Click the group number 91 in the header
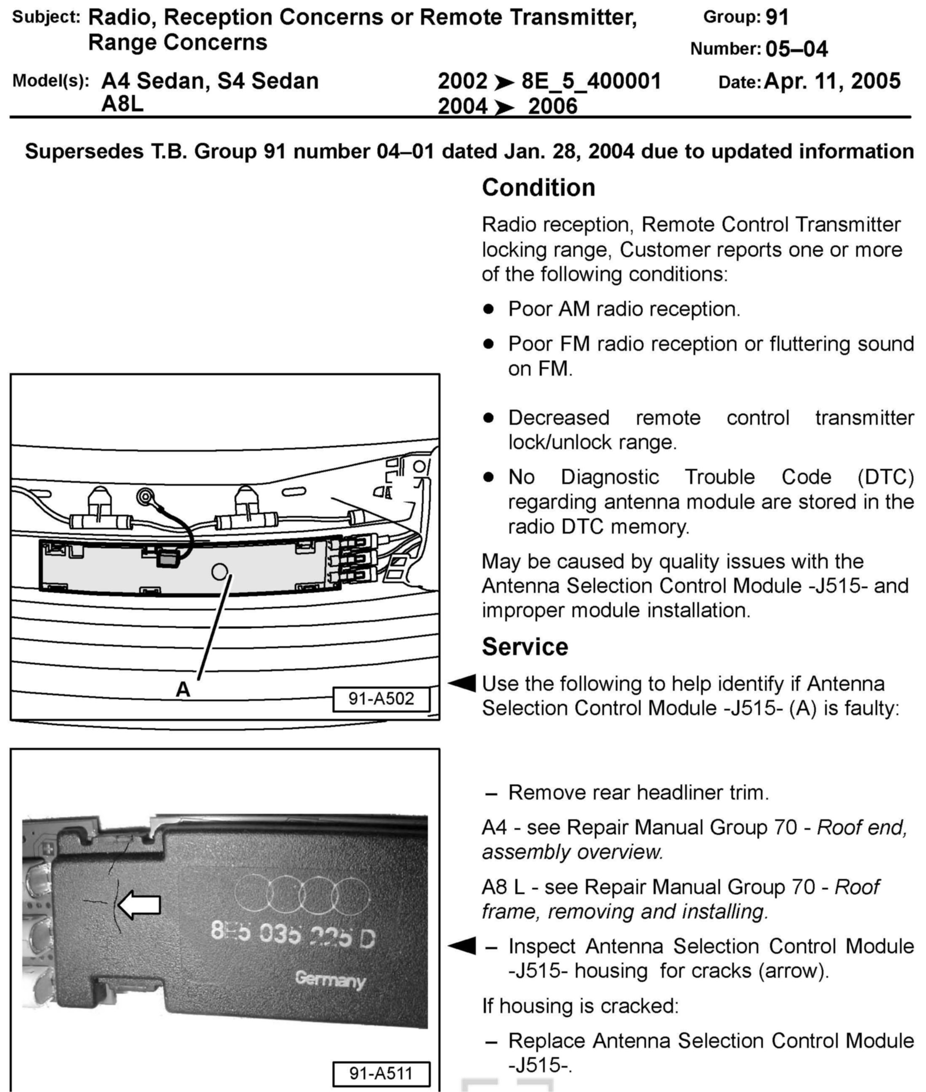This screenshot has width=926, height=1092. [x=777, y=17]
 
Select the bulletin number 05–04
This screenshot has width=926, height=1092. [x=797, y=49]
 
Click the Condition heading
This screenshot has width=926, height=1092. [x=538, y=188]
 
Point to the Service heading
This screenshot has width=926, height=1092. [x=525, y=647]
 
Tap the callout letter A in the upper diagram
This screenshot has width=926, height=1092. [x=183, y=689]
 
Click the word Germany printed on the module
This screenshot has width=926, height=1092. [x=330, y=979]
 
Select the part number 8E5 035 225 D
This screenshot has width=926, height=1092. [x=293, y=936]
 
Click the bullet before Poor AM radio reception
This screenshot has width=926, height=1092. [x=489, y=309]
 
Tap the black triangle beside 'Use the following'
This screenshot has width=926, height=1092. [x=462, y=683]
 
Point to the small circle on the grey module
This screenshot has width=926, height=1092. [x=219, y=571]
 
